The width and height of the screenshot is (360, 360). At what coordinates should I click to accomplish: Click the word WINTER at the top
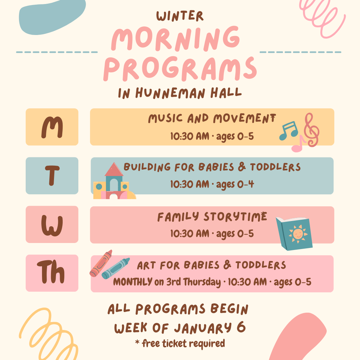click(x=180, y=16)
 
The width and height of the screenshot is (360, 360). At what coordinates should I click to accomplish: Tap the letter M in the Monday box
click(x=52, y=127)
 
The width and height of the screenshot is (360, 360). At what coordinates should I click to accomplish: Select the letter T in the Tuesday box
click(x=52, y=175)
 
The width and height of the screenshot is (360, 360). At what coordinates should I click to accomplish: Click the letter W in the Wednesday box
click(x=52, y=226)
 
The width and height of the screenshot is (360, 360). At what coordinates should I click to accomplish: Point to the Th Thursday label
click(x=51, y=272)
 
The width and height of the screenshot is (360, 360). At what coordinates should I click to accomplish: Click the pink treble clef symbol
click(x=312, y=130)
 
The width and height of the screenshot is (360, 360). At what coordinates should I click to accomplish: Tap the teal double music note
click(x=289, y=131)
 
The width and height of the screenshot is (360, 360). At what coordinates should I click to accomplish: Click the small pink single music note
click(x=298, y=144)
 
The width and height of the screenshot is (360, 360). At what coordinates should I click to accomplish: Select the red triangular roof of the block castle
click(x=114, y=170)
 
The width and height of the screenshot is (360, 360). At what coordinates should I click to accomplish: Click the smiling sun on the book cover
click(x=298, y=234)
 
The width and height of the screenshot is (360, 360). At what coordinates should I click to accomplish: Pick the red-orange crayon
click(x=101, y=263)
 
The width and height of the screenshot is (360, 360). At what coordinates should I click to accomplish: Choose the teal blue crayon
click(x=115, y=268)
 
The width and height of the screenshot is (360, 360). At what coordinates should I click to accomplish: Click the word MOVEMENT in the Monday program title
click(x=245, y=119)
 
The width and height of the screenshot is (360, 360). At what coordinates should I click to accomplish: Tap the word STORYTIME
click(x=235, y=217)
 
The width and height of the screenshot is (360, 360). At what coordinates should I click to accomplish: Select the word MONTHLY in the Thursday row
click(x=133, y=282)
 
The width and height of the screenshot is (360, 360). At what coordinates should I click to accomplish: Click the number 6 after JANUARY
click(x=241, y=327)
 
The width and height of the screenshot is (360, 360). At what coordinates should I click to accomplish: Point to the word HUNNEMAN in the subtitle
click(x=170, y=93)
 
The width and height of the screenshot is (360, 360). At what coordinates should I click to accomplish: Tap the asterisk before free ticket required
click(x=137, y=342)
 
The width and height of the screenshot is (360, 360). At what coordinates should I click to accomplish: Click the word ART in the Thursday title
click(x=146, y=266)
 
